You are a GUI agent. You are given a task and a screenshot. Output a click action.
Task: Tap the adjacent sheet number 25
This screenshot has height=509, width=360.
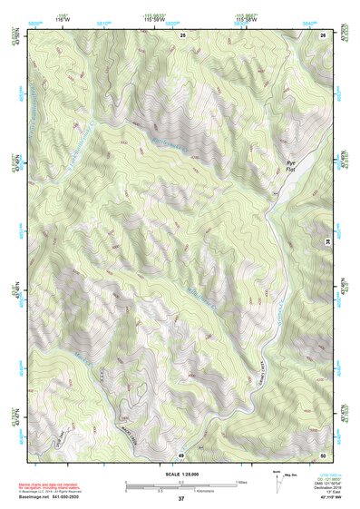[182, 34]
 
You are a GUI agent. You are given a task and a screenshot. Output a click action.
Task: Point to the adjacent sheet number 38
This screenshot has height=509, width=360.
[327, 243]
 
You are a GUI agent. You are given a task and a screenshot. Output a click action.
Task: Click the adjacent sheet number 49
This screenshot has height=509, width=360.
[181, 454]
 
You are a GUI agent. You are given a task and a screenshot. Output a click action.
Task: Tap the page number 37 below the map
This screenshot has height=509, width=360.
[181, 499]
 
